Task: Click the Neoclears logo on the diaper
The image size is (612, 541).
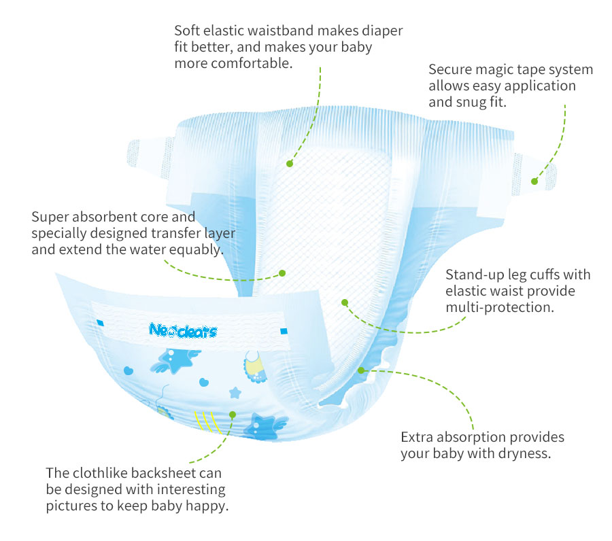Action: click(x=182, y=331)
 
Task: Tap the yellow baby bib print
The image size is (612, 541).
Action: click(x=253, y=365)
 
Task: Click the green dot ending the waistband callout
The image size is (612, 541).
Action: click(x=289, y=163)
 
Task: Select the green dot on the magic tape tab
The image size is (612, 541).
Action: click(x=534, y=181)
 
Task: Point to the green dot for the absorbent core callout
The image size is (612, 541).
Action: click(x=282, y=273)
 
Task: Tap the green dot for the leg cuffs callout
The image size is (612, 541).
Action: click(x=345, y=302)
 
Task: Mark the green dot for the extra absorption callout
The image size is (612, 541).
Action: click(x=362, y=370)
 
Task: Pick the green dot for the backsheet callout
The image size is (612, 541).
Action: click(x=233, y=414)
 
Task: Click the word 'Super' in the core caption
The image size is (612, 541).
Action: click(x=52, y=217)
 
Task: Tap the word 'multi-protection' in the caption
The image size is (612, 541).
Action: click(x=500, y=307)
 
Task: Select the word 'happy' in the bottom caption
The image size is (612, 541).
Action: click(x=207, y=506)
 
